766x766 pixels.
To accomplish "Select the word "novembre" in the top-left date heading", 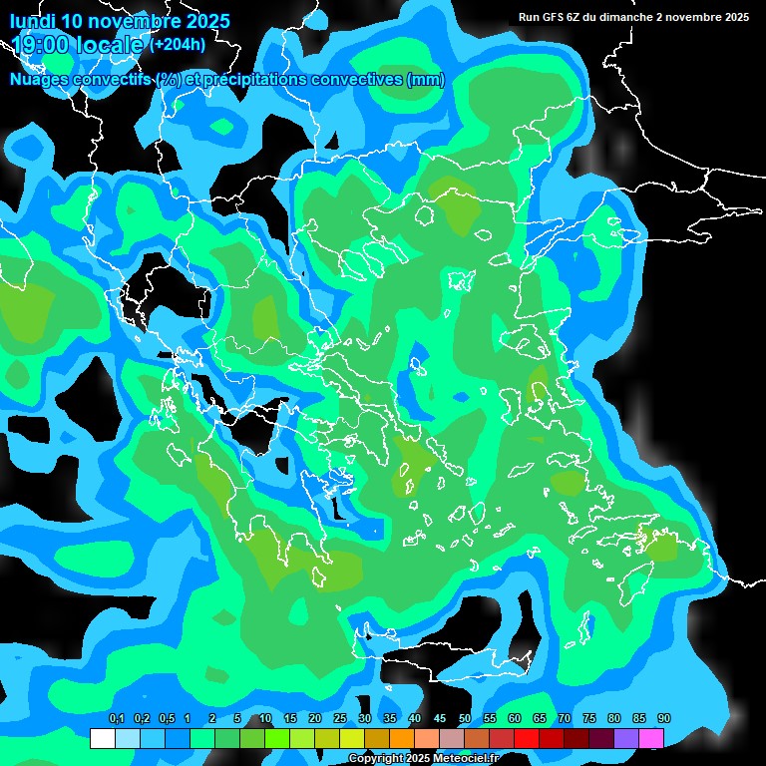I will coord(134,21).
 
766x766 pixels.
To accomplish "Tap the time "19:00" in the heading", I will coord(40,44).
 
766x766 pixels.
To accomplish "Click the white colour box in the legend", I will coord(102,738).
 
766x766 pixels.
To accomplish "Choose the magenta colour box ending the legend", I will coord(651,738).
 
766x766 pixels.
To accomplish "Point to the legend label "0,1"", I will coord(116,719).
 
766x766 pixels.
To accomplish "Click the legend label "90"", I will coord(664,719).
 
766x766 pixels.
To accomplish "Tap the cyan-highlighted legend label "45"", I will coord(440,719).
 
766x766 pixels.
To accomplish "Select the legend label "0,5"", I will coord(166,719).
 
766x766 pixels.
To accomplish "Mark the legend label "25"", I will coord(340,719).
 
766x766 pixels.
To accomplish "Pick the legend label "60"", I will coord(515,719).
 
